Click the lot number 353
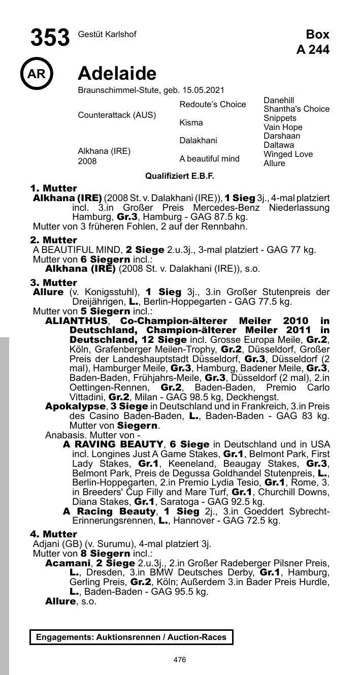click(x=50, y=38)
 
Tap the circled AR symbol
click(x=36, y=74)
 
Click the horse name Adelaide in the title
click(x=117, y=74)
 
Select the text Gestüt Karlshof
click(x=107, y=35)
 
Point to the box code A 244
click(x=313, y=50)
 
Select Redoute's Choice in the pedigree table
click(x=212, y=105)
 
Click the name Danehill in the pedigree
click(x=279, y=100)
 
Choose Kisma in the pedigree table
click(x=191, y=123)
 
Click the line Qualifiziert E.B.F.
click(x=180, y=176)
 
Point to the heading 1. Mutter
click(x=53, y=188)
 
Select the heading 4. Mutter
click(x=53, y=534)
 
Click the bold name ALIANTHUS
click(x=76, y=321)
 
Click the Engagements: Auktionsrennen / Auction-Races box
click(x=131, y=637)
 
